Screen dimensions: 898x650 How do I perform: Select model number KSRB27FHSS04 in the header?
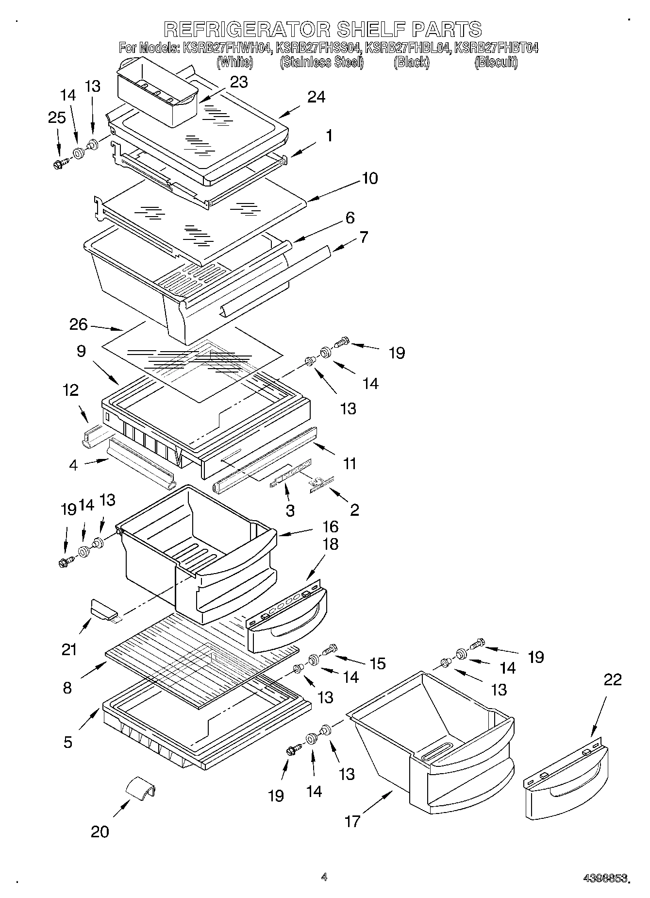[318, 48]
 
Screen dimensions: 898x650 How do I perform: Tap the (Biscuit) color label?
[496, 62]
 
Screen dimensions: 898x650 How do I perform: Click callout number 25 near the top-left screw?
[57, 118]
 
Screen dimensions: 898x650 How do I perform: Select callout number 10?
[369, 178]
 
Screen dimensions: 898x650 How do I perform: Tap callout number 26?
[78, 324]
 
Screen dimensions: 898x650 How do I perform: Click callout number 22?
[612, 679]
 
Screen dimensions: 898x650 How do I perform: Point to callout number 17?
[352, 821]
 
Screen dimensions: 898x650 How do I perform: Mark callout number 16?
[330, 526]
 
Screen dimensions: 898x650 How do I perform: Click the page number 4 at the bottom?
[324, 877]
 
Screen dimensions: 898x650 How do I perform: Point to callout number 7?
[363, 237]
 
